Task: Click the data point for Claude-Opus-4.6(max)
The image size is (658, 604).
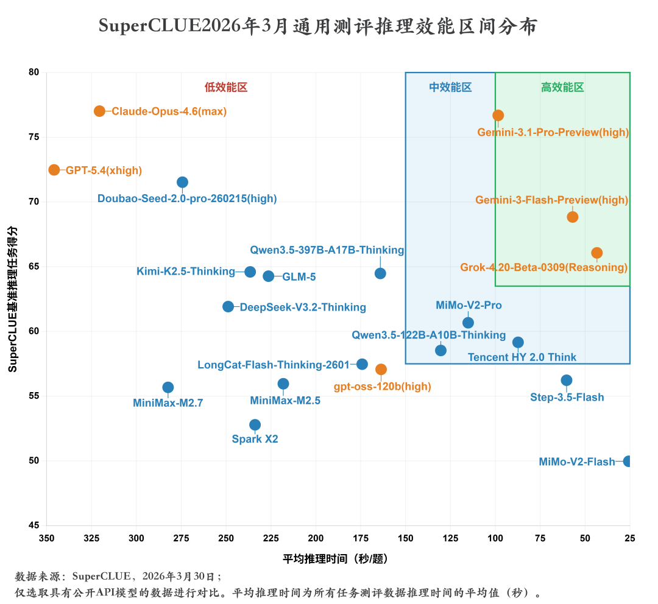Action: pyautogui.click(x=99, y=111)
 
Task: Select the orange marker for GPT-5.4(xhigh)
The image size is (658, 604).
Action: pyautogui.click(x=54, y=170)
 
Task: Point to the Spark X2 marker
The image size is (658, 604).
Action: pyautogui.click(x=255, y=424)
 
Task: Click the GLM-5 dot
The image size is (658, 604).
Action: pyautogui.click(x=268, y=276)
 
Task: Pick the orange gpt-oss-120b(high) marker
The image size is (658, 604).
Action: pyautogui.click(x=381, y=370)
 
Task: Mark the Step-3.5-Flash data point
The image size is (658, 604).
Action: pyautogui.click(x=567, y=381)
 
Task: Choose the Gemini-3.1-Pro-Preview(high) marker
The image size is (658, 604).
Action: pyautogui.click(x=498, y=115)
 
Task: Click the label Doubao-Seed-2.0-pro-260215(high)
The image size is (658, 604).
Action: pyautogui.click(x=187, y=199)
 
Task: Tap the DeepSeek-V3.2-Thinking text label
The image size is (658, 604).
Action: pyautogui.click(x=303, y=307)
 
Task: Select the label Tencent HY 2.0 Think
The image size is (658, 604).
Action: pyautogui.click(x=522, y=357)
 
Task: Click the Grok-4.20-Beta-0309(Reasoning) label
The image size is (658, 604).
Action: pyautogui.click(x=543, y=267)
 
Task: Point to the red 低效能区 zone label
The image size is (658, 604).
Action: pyautogui.click(x=226, y=88)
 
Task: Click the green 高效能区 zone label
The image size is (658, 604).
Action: pyautogui.click(x=562, y=88)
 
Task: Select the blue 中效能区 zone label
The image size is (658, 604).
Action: pyautogui.click(x=450, y=88)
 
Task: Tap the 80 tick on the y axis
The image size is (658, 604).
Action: pyautogui.click(x=34, y=72)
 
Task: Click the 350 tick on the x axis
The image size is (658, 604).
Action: pyautogui.click(x=46, y=538)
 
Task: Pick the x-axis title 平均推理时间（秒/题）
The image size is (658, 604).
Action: pyautogui.click(x=336, y=559)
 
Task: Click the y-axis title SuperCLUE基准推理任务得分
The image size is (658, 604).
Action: pyautogui.click(x=13, y=299)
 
